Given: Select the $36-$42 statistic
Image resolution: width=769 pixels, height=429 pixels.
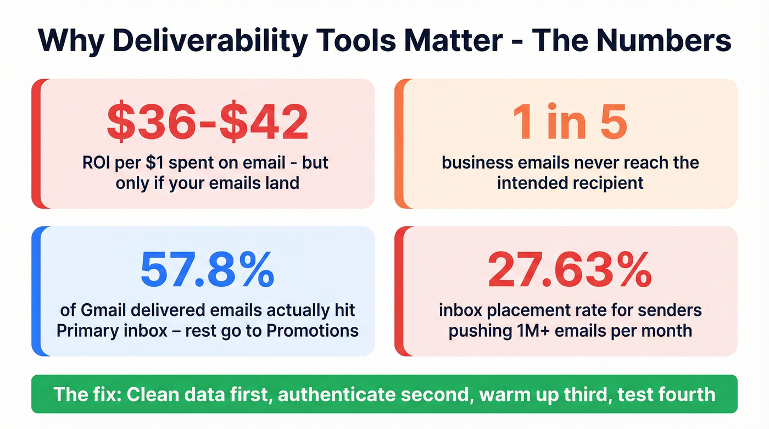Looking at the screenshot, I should tap(207, 121).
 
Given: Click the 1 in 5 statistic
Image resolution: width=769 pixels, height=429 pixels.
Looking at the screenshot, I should tap(570, 121).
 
